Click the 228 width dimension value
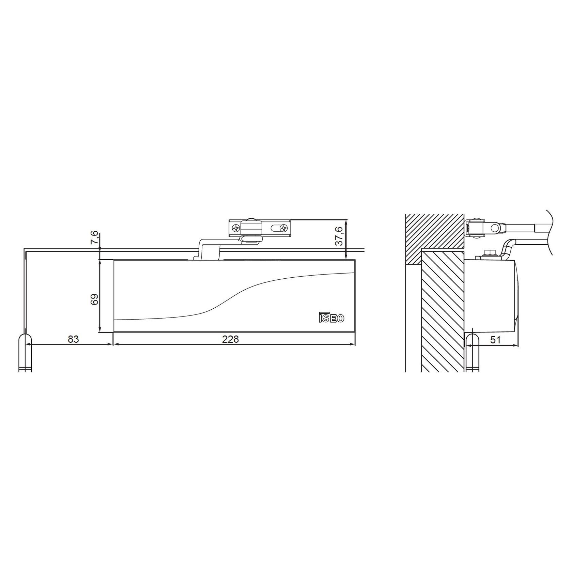pyautogui.click(x=231, y=339)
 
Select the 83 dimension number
pyautogui.click(x=73, y=339)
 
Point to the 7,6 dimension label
pyautogui.click(x=95, y=237)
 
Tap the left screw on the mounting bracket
pyautogui.click(x=236, y=228)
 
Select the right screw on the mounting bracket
pyautogui.click(x=283, y=228)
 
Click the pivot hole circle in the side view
pyautogui.click(x=494, y=226)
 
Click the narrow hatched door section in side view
pyautogui.click(x=443, y=310)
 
